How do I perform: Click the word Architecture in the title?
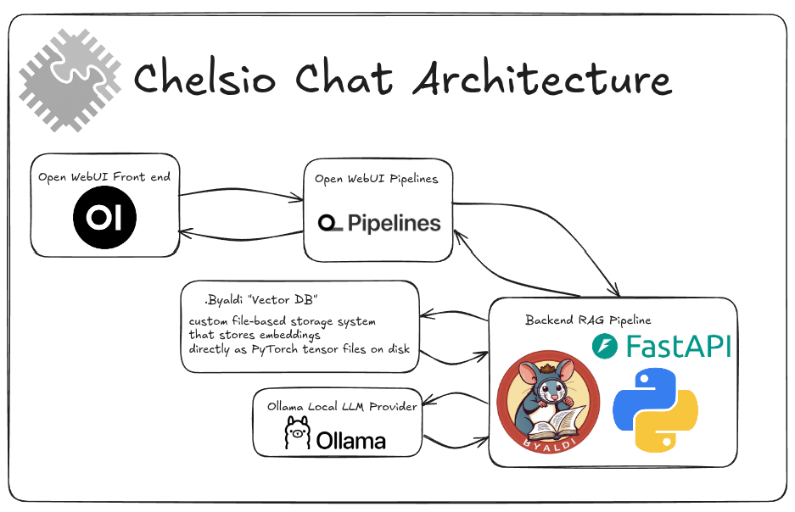click(x=543, y=80)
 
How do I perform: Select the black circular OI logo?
click(x=104, y=219)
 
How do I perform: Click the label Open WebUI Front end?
click(x=104, y=176)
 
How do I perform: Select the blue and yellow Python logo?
click(x=655, y=410)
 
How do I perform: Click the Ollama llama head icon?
click(x=296, y=433)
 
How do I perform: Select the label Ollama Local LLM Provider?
click(x=342, y=406)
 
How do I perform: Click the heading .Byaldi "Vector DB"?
click(x=260, y=300)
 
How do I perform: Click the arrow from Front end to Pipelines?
click(x=242, y=196)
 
